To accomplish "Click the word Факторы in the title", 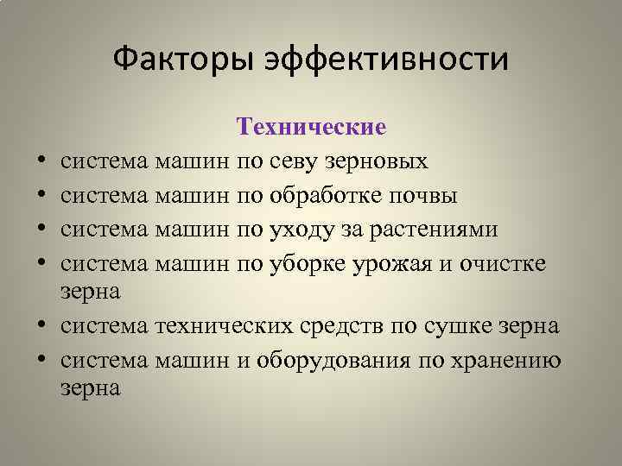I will pos(173,60).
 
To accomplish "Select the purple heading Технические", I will pos(311,128).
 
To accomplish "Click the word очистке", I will pos(501,262).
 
